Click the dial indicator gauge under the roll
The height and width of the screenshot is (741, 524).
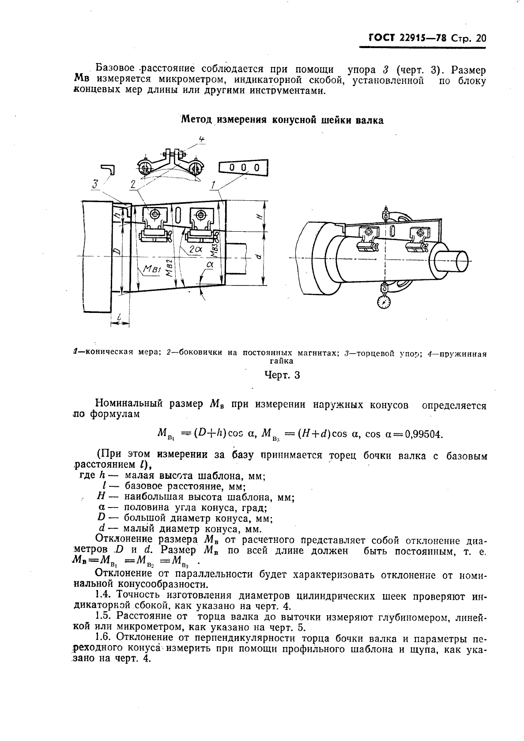click(385, 301)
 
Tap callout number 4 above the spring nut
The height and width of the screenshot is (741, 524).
click(202, 139)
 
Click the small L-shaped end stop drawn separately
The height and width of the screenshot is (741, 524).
click(108, 169)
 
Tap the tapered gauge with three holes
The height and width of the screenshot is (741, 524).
click(244, 168)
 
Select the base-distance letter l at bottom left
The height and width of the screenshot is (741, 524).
click(120, 316)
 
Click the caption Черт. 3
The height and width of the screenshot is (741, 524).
click(282, 375)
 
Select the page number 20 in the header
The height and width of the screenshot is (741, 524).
click(480, 38)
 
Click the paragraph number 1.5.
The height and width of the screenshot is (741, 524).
click(104, 617)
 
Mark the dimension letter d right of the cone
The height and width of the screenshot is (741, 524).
click(259, 256)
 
